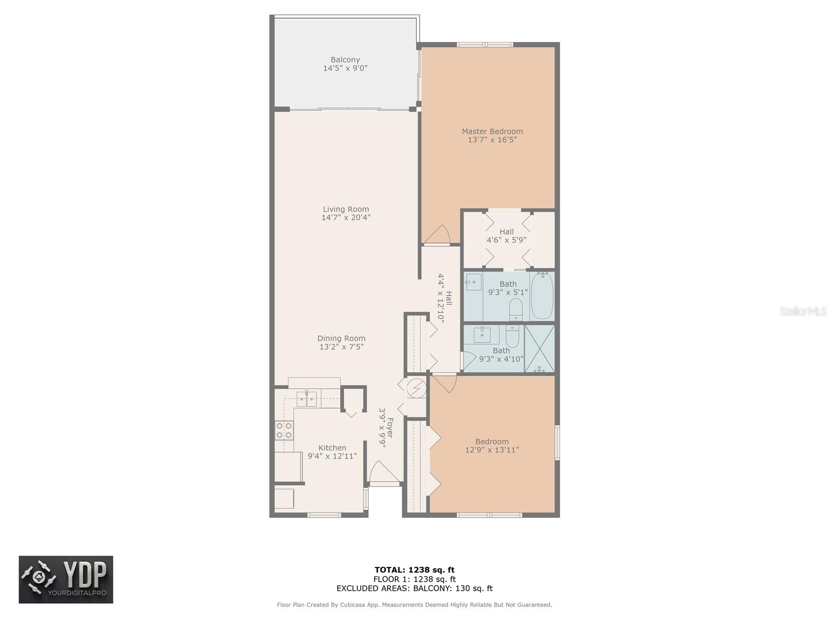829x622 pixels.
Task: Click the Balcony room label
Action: pos(345,60)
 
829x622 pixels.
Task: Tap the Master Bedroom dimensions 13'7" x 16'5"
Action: pos(492,140)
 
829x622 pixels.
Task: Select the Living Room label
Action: pos(346,209)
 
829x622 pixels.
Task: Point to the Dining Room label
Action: pos(341,338)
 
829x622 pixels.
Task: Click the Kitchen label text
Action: pos(332,448)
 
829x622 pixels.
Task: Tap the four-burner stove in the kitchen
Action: pos(284,430)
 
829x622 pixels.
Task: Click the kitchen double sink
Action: pos(307,399)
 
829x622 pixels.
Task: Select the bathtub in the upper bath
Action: pos(542,296)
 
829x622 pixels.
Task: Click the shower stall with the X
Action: pos(539,348)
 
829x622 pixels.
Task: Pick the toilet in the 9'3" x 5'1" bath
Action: pos(516,310)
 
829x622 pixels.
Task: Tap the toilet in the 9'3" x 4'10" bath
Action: pos(512,337)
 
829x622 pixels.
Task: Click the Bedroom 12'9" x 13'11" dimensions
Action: pos(492,450)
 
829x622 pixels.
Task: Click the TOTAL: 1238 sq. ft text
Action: pos(414,570)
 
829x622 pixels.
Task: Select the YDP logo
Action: pos(66,579)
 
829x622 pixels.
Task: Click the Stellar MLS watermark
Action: pos(803,312)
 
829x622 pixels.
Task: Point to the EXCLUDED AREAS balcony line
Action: pos(414,588)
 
